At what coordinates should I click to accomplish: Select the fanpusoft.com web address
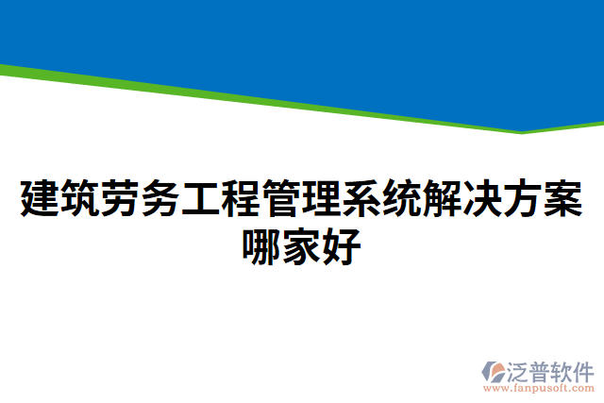pyautogui.click(x=539, y=388)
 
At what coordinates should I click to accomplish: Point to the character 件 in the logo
pyautogui.click(x=584, y=370)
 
